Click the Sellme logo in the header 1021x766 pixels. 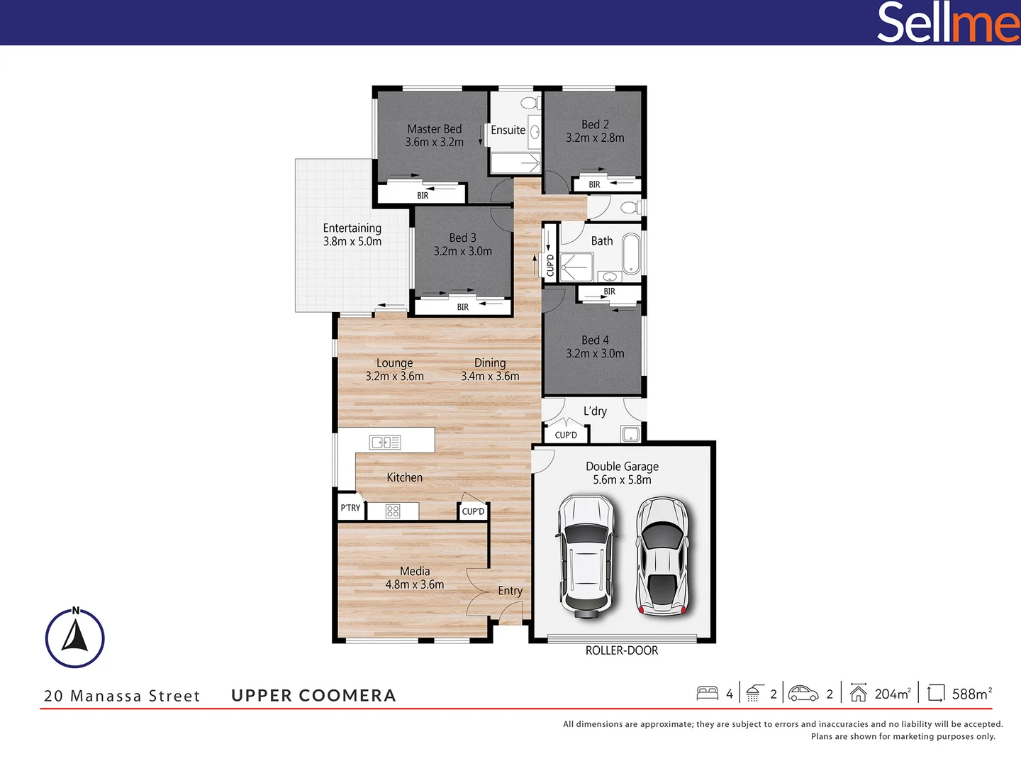[x=948, y=23]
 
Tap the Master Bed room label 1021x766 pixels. [x=434, y=129]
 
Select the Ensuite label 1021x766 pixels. [x=508, y=131]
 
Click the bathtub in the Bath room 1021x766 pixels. [x=630, y=254]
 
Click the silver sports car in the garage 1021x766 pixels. [x=662, y=556]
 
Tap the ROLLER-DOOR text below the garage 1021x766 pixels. [x=621, y=650]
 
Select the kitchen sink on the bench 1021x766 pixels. [x=385, y=443]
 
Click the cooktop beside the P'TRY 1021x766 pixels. [x=393, y=511]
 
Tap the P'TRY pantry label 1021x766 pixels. [x=350, y=508]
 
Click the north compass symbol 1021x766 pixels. [x=75, y=637]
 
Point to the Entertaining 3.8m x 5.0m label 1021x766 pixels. [x=352, y=235]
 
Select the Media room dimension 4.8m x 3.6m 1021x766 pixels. [x=415, y=584]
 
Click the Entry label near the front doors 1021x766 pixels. [x=510, y=591]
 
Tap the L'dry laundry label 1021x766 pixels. [x=595, y=411]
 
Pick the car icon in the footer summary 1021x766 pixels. [x=803, y=693]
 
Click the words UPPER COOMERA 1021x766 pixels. [x=313, y=696]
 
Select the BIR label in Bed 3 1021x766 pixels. [x=463, y=307]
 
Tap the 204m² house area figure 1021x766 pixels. [x=892, y=694]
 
